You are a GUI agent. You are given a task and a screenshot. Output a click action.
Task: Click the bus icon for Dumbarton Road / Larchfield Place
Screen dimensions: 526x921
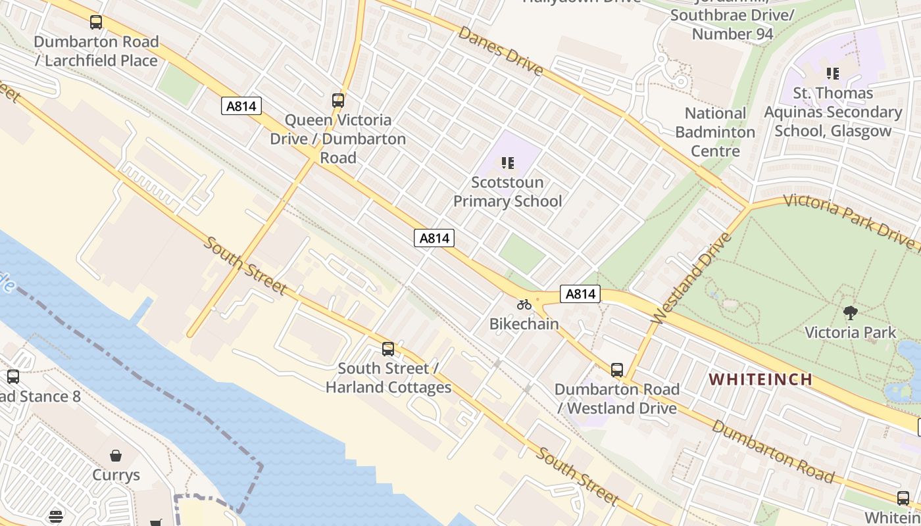(96, 22)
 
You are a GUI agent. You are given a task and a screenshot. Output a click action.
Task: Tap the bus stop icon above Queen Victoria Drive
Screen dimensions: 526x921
(338, 101)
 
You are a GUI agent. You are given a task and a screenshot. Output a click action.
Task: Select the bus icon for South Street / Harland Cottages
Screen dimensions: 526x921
(388, 349)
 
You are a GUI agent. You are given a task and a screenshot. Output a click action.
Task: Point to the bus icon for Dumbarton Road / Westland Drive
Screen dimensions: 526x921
(616, 370)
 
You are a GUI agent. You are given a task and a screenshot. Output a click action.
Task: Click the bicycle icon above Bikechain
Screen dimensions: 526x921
(524, 304)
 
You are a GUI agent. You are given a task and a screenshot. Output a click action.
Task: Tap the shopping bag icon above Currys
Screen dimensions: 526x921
(116, 456)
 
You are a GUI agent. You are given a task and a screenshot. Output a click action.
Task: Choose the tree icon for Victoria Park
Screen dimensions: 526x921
(851, 313)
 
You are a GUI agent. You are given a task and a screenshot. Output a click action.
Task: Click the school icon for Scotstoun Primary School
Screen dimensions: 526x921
(507, 162)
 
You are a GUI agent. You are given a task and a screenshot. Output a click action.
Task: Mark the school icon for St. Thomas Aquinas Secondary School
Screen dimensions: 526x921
(833, 74)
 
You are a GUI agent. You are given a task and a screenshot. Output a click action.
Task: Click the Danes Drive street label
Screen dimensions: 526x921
(501, 51)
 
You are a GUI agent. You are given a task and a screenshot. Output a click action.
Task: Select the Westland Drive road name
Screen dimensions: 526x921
(691, 279)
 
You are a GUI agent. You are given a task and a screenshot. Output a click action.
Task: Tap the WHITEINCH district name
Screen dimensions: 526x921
(760, 379)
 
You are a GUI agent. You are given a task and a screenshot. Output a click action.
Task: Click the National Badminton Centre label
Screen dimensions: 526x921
(715, 132)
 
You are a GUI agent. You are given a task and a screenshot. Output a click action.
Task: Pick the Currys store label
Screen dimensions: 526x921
(116, 475)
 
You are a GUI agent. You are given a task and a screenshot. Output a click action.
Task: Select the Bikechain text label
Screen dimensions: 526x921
(524, 323)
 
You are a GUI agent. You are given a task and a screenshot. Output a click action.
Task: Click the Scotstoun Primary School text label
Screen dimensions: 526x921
(508, 191)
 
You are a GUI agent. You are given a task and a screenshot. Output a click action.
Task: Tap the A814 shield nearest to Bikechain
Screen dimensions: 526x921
(580, 294)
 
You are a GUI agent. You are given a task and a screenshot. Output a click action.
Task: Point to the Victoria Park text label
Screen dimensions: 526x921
(851, 332)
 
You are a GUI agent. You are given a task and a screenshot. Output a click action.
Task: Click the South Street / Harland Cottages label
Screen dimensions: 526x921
(389, 377)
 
